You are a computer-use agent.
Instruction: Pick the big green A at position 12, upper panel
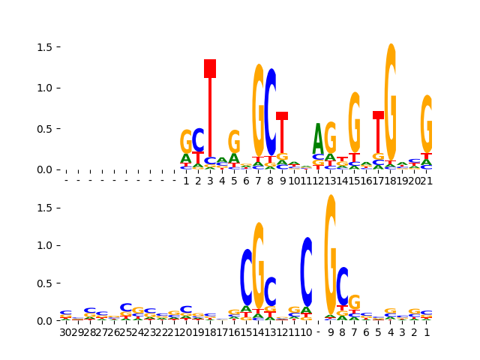click(318, 139)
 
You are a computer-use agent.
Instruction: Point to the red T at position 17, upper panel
click(378, 131)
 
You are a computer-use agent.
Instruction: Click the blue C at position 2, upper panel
click(198, 140)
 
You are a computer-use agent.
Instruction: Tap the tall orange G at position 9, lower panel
click(330, 255)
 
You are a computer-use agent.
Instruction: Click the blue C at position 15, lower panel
click(246, 277)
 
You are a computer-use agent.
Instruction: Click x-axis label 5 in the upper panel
click(234, 181)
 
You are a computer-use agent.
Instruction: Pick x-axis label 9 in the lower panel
click(331, 332)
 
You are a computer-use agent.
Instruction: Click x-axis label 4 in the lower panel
click(390, 332)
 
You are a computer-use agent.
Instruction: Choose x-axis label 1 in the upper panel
click(186, 181)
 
